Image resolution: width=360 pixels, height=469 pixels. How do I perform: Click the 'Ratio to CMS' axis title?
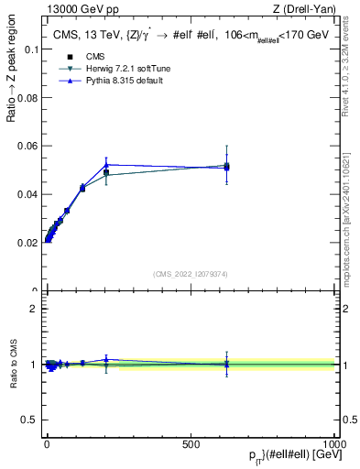(14, 364)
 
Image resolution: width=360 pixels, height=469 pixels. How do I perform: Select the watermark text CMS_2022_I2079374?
(191, 274)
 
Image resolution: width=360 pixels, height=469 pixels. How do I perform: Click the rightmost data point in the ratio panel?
(226, 365)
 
